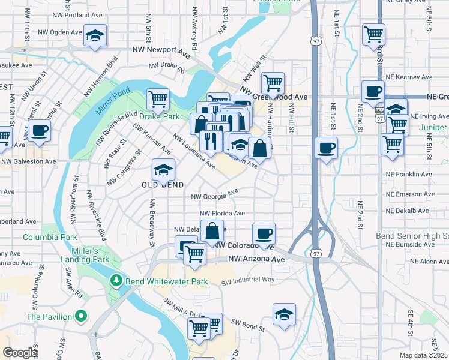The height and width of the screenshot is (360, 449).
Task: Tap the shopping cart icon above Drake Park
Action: coord(158,98)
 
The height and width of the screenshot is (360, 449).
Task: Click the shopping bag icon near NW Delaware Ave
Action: coord(212,230)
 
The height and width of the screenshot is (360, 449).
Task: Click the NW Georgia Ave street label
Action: coord(214,195)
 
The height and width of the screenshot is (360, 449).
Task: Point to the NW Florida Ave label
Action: coord(222,213)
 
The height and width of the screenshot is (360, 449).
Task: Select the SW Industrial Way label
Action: coord(248,280)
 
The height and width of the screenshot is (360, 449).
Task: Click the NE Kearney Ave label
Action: coord(409,77)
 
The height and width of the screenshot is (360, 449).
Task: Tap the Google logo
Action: coord(20,353)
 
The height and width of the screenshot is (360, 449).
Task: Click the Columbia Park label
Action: coord(50,237)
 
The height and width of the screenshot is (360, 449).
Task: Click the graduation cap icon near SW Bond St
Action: coord(284,314)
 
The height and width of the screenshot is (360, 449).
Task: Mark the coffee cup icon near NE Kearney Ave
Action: coord(373,91)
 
